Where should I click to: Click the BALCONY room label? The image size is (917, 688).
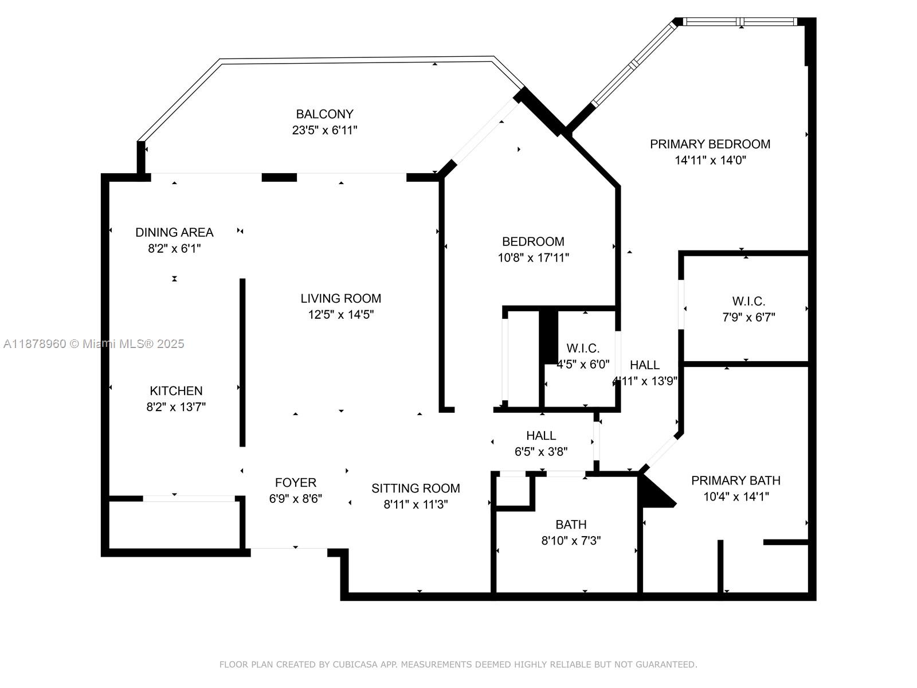[x=324, y=114]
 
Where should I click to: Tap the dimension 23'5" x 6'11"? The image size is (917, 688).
[x=324, y=130]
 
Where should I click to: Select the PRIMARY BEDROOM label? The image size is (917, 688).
[x=710, y=144]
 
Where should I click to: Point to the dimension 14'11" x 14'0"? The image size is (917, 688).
[x=710, y=160]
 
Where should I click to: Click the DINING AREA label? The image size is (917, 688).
[x=174, y=232]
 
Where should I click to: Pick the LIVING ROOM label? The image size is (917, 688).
[x=340, y=298]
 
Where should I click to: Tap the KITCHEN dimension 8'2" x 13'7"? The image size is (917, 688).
[x=176, y=407]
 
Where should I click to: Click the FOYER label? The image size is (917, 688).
[x=295, y=483]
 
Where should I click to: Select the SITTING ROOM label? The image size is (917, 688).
[x=416, y=488]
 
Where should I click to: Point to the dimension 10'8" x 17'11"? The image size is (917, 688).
[x=533, y=257]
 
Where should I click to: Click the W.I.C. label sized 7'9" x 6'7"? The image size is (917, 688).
[x=749, y=301]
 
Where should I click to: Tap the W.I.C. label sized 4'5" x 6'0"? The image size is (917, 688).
[x=583, y=348]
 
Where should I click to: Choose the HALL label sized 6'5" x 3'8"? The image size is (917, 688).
[x=541, y=435]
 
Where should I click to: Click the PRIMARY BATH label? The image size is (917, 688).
[x=735, y=480]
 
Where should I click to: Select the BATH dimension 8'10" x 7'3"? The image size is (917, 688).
[x=571, y=541]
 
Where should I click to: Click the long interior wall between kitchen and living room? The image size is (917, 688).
[x=242, y=362]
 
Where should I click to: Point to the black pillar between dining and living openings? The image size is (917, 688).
[x=279, y=177]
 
